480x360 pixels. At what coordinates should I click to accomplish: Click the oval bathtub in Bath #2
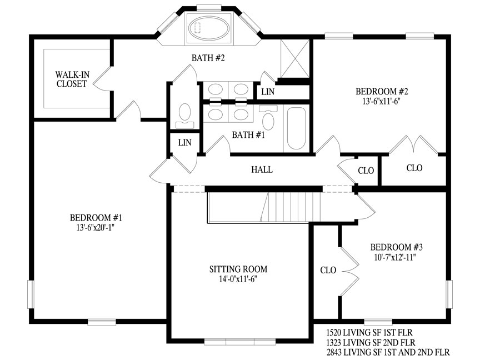tap(208, 28)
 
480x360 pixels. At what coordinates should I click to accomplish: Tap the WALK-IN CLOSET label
tap(72, 79)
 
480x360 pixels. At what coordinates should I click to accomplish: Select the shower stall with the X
tap(295, 58)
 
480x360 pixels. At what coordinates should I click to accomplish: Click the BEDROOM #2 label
tap(382, 91)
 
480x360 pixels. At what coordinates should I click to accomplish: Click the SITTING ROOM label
tap(238, 269)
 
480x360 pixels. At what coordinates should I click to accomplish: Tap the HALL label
tap(262, 169)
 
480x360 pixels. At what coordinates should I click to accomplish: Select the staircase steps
tap(290, 207)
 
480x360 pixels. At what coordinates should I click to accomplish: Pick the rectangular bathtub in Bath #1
tap(296, 128)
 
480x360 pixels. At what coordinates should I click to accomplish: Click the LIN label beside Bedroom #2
tap(268, 92)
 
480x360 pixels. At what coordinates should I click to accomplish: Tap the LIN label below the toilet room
tap(184, 143)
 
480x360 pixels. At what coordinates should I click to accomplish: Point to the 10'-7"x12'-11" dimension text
tap(394, 257)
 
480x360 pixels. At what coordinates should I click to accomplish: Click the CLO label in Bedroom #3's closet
tap(328, 271)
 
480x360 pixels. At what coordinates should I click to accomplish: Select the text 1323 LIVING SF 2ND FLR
tap(371, 342)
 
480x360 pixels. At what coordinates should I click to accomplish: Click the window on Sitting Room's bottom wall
tap(240, 341)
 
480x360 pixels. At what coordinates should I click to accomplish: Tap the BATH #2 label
tap(208, 58)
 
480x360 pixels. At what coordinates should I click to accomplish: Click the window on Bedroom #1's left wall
tap(31, 294)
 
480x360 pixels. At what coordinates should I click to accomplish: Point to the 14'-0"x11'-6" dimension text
tap(238, 279)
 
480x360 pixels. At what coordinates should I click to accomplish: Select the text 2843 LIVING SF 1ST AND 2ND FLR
tap(388, 352)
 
